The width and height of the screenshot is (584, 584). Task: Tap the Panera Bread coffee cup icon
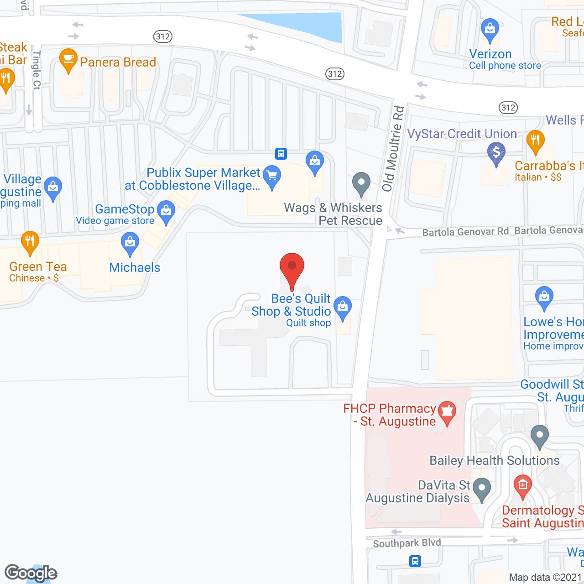[x=68, y=60]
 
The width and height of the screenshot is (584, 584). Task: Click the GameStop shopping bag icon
[x=166, y=211]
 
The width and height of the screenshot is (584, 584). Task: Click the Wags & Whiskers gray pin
[x=361, y=183]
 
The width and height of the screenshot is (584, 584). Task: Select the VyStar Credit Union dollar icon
[x=496, y=152]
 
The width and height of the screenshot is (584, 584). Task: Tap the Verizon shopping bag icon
[x=490, y=29]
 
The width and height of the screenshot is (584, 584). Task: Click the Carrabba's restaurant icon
[x=536, y=141]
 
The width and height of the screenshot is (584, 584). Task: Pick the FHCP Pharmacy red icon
[x=447, y=412]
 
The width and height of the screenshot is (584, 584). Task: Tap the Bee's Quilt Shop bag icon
[x=343, y=307]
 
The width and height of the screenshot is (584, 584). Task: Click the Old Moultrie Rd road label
[x=393, y=149]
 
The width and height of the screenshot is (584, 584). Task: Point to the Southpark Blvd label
[x=407, y=543]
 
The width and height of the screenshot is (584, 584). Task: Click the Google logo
[x=31, y=573]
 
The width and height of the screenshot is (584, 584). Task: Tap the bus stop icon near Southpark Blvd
[x=415, y=561]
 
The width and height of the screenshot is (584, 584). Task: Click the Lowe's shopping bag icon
[x=544, y=297]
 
